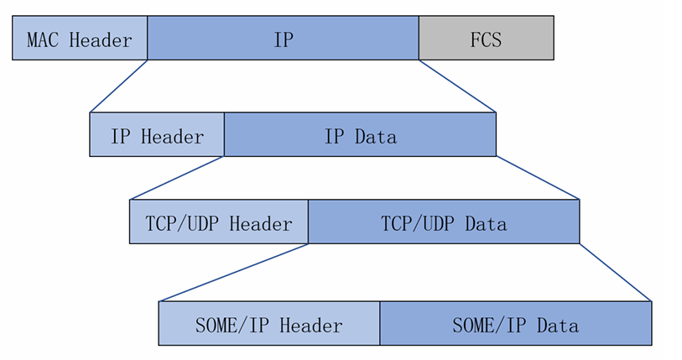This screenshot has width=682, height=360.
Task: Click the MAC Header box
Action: pos(80,38)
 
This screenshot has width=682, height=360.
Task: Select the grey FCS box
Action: pos(486,38)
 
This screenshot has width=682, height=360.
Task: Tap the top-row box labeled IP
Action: pos(283,38)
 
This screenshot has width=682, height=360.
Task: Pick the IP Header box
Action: pos(157,134)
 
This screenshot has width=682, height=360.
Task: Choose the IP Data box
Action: pos(360,134)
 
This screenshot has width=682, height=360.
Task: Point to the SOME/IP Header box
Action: pos(269,323)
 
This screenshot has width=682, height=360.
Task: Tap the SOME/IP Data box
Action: pos(515,323)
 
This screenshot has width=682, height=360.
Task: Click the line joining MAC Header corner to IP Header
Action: pos(118,86)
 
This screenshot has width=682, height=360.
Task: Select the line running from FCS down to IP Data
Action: pos(457,86)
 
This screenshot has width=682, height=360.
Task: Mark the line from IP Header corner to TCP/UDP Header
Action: pos(177,178)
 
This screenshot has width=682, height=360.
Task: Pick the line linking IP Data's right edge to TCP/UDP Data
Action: pos(538,178)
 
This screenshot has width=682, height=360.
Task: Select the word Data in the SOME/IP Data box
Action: pos(557,325)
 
